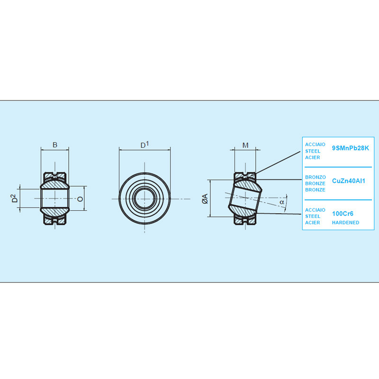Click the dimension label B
pyautogui.click(x=55, y=145)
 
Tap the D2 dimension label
pyautogui.click(x=15, y=198)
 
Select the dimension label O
pyautogui.click(x=80, y=199)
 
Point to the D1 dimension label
pyautogui.click(x=144, y=145)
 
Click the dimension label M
pyautogui.click(x=245, y=145)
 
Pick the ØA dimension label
pyautogui.click(x=205, y=199)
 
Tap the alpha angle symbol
pyautogui.click(x=282, y=202)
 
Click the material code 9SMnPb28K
pyautogui.click(x=351, y=148)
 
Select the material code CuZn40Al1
pyautogui.click(x=349, y=181)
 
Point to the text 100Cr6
pyautogui.click(x=343, y=214)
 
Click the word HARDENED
pyautogui.click(x=345, y=223)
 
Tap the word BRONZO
pyautogui.click(x=316, y=177)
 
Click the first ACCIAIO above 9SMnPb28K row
pyautogui.click(x=315, y=144)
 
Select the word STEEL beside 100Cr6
pyautogui.click(x=313, y=217)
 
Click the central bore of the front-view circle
pyautogui.click(x=144, y=199)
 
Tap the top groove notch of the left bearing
pyautogui.click(x=55, y=174)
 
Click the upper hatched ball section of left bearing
pyautogui.click(x=55, y=184)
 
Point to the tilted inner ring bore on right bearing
pyautogui.click(x=244, y=198)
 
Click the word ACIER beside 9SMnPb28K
pyautogui.click(x=313, y=158)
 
